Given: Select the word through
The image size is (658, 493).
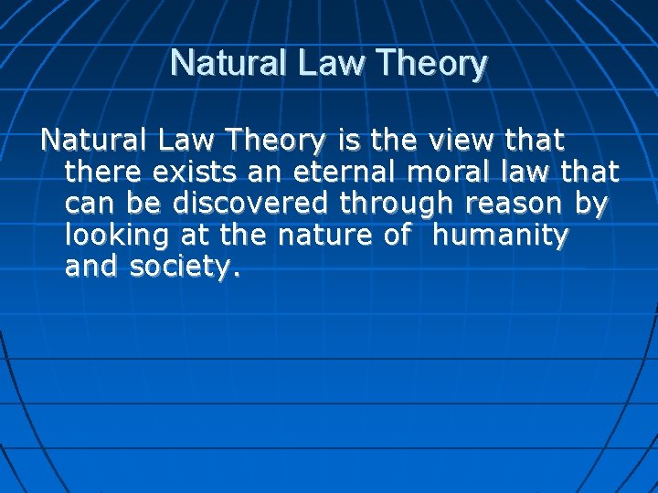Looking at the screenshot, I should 387,204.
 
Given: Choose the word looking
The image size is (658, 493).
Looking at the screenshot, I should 115,236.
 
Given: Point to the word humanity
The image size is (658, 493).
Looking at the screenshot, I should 501,236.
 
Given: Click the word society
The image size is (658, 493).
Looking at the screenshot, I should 182,268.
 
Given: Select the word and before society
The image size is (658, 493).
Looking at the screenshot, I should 92,267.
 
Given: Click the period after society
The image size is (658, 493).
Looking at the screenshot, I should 238,275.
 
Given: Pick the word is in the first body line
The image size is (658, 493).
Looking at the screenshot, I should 346,141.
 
